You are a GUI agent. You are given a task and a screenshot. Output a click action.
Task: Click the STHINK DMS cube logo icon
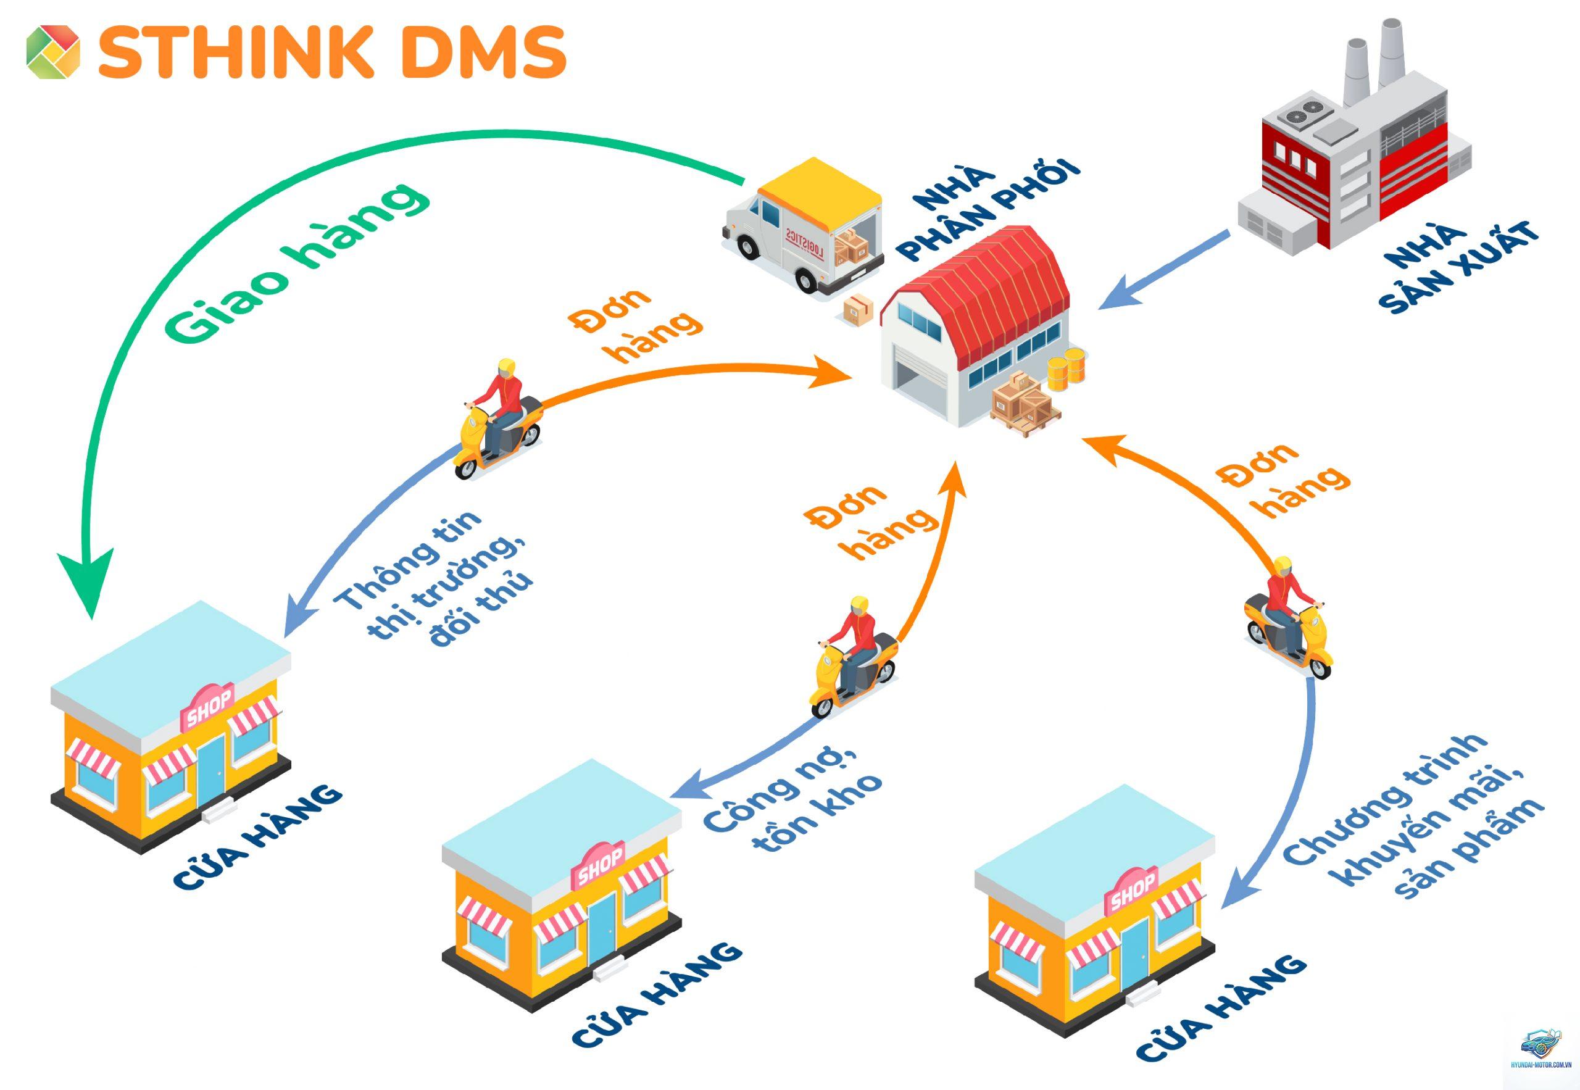tap(53, 51)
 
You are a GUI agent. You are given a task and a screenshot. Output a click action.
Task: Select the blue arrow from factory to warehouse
tap(1164, 269)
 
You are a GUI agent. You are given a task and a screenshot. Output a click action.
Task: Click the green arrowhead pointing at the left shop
tap(88, 581)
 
